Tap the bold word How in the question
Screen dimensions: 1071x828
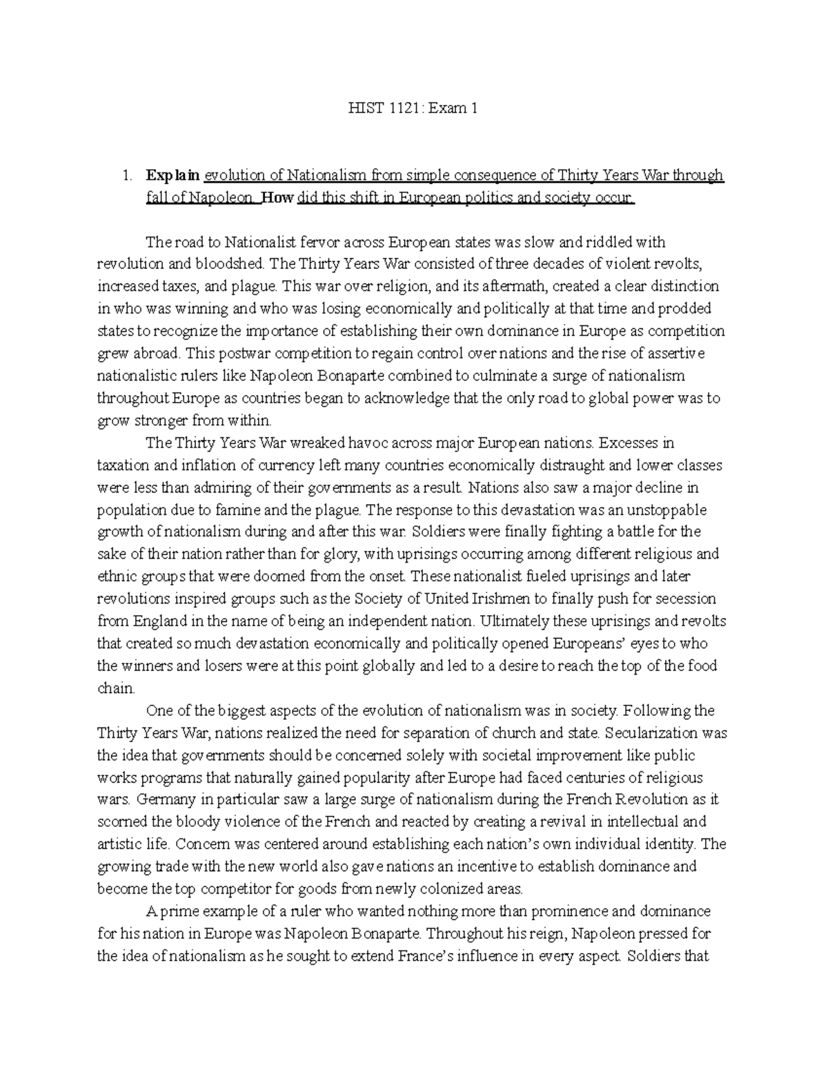279,198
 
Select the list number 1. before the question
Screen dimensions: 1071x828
126,175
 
